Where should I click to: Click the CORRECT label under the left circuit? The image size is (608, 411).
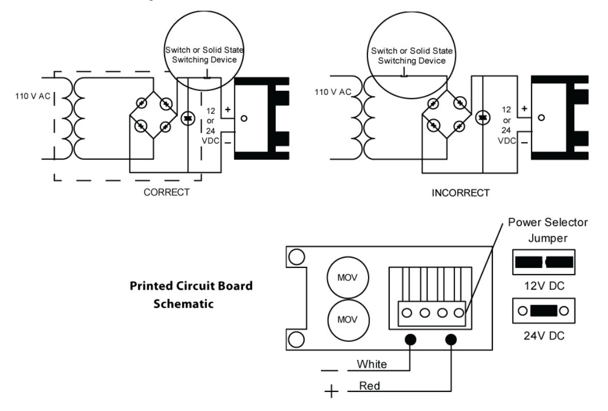coord(166,192)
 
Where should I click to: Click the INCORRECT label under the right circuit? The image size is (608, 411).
coord(461,193)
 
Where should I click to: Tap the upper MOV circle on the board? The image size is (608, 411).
coord(347,278)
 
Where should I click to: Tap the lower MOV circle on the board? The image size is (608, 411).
coord(347,320)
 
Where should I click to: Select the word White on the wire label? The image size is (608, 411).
coord(372,364)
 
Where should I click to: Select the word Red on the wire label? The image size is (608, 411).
coord(370,386)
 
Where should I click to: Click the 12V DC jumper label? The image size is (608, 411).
coord(544,286)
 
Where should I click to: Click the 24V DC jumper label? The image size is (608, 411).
coord(544,336)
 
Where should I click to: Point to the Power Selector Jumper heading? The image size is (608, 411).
coord(548,230)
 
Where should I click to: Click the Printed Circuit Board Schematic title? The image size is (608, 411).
coord(191,294)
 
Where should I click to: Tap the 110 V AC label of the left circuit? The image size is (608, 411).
coord(33,96)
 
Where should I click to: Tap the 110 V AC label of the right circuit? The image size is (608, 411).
coord(333,92)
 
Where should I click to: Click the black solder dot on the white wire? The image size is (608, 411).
coord(410,340)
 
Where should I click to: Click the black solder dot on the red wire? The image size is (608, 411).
coord(451,340)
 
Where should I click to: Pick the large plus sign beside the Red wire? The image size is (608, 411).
coord(331,391)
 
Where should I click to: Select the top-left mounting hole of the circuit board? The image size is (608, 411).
coord(297,257)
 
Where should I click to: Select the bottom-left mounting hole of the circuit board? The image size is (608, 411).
coord(297,340)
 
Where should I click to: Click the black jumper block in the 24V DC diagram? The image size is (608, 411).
coord(543,311)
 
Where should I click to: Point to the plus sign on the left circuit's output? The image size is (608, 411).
coord(228,109)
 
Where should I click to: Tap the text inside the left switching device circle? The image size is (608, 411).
coord(204,55)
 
